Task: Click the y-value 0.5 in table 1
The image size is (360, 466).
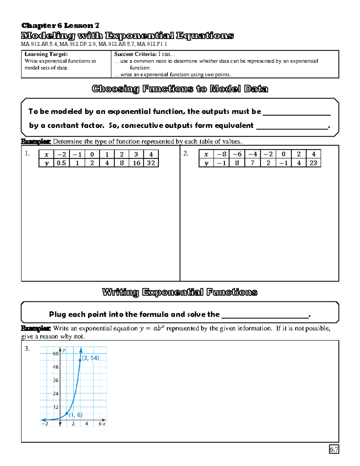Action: point(61,163)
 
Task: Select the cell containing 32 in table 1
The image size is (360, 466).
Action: point(151,163)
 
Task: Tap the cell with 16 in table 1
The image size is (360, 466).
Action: point(136,163)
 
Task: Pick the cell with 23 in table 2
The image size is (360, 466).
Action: point(313,163)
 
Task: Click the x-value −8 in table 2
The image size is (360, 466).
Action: point(221,154)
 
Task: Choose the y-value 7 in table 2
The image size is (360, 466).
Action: point(253,163)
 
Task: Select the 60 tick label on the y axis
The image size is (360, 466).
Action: point(55,354)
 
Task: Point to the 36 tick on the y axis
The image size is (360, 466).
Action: point(55,380)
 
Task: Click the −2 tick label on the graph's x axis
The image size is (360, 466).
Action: point(45,424)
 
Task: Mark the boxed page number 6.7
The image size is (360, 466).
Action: point(334,449)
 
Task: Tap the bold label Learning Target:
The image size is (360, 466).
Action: point(46,54)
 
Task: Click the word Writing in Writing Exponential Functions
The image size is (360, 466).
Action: point(120,292)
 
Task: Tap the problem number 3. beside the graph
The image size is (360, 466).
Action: point(27,349)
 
